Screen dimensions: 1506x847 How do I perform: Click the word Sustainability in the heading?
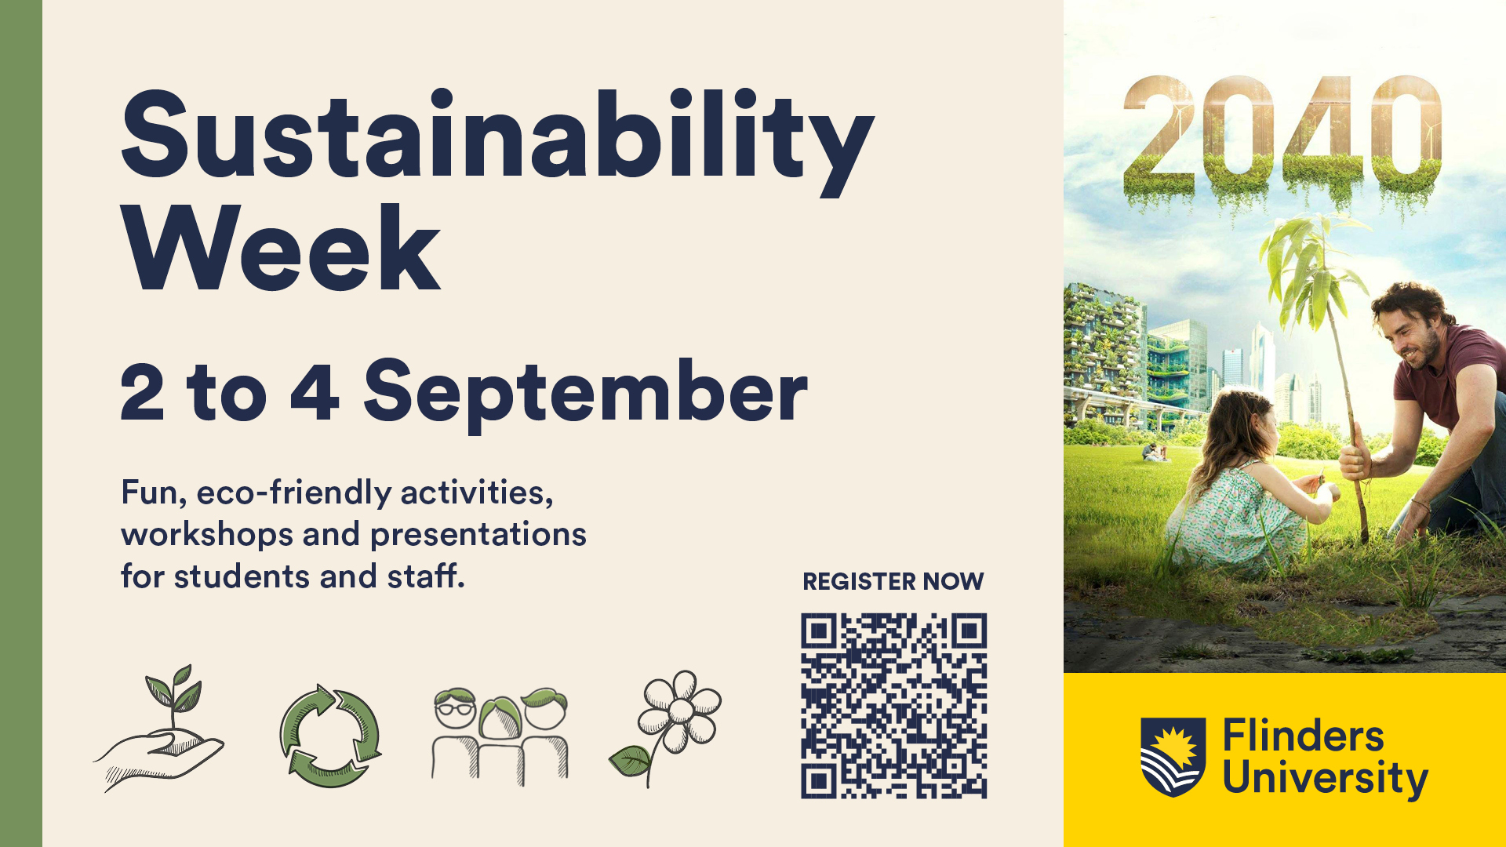pos(497,141)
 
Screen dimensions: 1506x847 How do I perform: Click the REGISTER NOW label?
pos(893,581)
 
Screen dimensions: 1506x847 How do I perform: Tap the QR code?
pos(893,706)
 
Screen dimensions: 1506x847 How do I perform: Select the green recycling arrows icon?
pos(330,735)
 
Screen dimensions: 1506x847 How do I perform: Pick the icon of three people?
pos(500,735)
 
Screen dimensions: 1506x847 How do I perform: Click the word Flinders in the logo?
pos(1303,737)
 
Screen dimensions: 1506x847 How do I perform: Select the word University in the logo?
pos(1325,778)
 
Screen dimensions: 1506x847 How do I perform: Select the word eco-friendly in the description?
pos(293,493)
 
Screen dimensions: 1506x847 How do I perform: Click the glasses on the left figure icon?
pos(455,709)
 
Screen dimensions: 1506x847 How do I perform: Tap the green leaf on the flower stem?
pos(628,761)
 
